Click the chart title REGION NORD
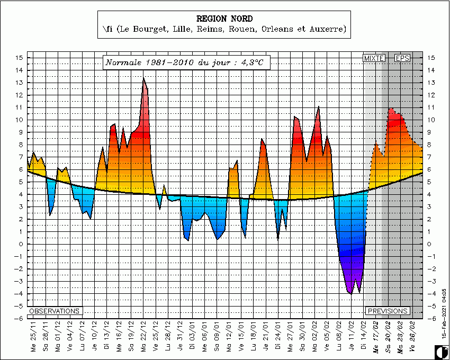(224, 18)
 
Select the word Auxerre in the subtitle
(328, 30)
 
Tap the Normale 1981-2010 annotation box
(184, 62)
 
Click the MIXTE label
(373, 58)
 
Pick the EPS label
(403, 58)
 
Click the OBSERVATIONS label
(55, 311)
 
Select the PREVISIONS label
(388, 311)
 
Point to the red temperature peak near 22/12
(143, 79)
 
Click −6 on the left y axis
(19, 319)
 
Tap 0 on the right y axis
(430, 245)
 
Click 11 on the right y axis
(431, 107)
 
